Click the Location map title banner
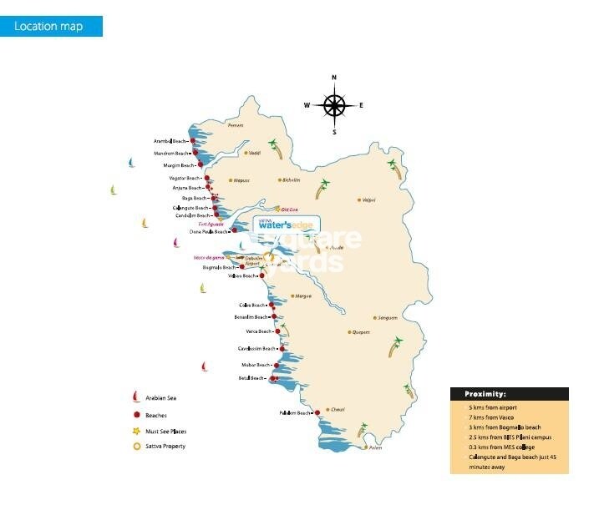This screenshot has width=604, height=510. pyautogui.click(x=58, y=26)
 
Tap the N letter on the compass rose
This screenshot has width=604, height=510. pyautogui.click(x=334, y=78)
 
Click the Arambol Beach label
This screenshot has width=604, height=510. pyautogui.click(x=171, y=142)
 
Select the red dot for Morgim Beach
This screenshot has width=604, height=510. pyautogui.click(x=200, y=165)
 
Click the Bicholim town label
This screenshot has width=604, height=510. pyautogui.click(x=291, y=179)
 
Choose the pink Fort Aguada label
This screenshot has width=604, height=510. pyautogui.click(x=211, y=225)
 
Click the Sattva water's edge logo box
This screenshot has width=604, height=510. pyautogui.click(x=284, y=224)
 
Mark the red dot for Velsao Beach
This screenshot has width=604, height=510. pyautogui.click(x=261, y=275)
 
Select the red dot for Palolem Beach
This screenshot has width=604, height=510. pyautogui.click(x=317, y=412)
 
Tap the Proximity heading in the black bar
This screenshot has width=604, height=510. pyautogui.click(x=480, y=394)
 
